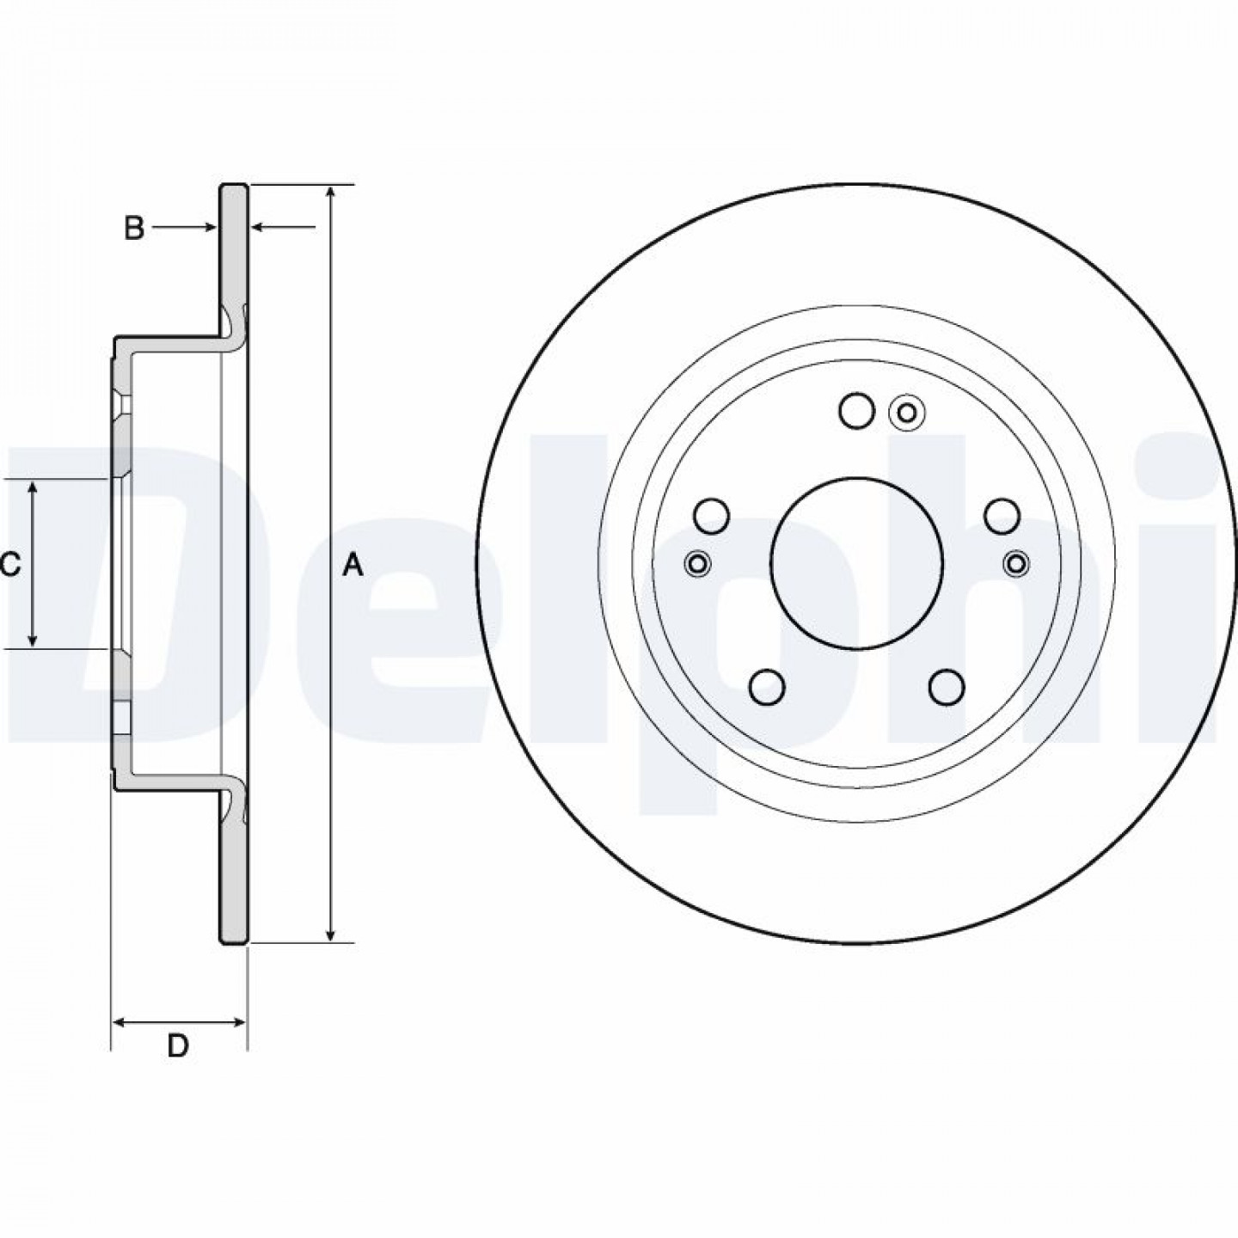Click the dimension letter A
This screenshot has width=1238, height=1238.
click(x=352, y=566)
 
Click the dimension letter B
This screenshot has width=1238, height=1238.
click(x=133, y=228)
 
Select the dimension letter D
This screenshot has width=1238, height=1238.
click(x=178, y=1047)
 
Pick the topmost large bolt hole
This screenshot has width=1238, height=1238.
click(x=857, y=410)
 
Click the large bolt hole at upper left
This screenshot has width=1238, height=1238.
click(x=712, y=515)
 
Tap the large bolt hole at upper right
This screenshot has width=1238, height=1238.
click(x=1002, y=515)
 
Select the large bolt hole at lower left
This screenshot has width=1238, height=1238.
click(x=767, y=687)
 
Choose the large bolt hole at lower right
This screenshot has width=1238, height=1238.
click(x=947, y=687)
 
